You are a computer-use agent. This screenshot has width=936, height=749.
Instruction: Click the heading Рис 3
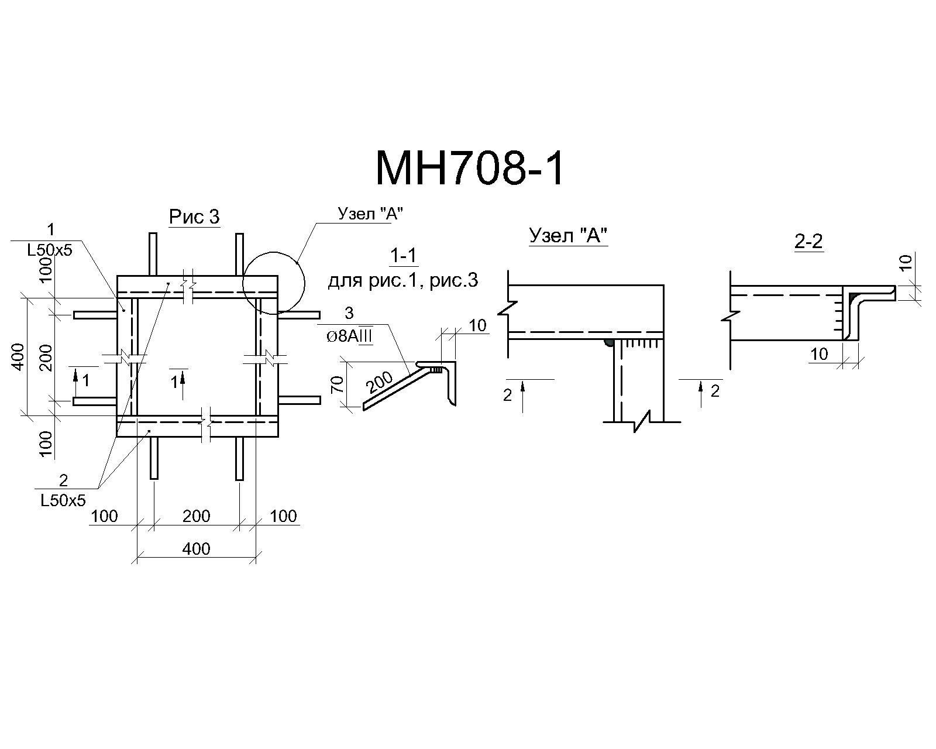point(194,217)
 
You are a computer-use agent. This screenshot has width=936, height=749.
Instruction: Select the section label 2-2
point(808,241)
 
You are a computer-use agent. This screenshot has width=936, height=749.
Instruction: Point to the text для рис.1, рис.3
point(402,281)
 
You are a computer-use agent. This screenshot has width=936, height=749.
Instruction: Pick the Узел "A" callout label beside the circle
point(370,214)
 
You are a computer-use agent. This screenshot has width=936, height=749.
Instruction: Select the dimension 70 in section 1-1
point(338,384)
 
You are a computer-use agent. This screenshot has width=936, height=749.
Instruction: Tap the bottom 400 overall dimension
point(196,549)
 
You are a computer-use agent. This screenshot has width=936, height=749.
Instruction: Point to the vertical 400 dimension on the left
point(18,357)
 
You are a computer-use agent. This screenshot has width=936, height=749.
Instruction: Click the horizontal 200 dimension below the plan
point(196,516)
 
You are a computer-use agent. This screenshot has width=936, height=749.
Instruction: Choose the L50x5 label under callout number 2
point(63,501)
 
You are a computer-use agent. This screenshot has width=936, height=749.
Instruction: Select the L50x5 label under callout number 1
point(50,250)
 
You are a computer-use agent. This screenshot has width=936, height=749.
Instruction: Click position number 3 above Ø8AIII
point(349,313)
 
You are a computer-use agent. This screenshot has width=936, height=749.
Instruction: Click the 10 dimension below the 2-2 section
point(819,354)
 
